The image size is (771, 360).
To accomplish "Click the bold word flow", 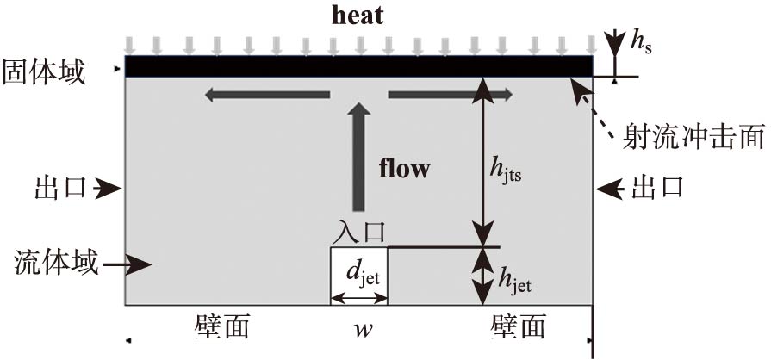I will [x=404, y=168].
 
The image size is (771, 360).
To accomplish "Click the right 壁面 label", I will [x=519, y=327].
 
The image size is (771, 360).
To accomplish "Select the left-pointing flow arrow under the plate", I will [x=267, y=94].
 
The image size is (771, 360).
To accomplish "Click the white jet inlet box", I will [x=359, y=276].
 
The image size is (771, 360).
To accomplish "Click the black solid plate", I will [x=358, y=66].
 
